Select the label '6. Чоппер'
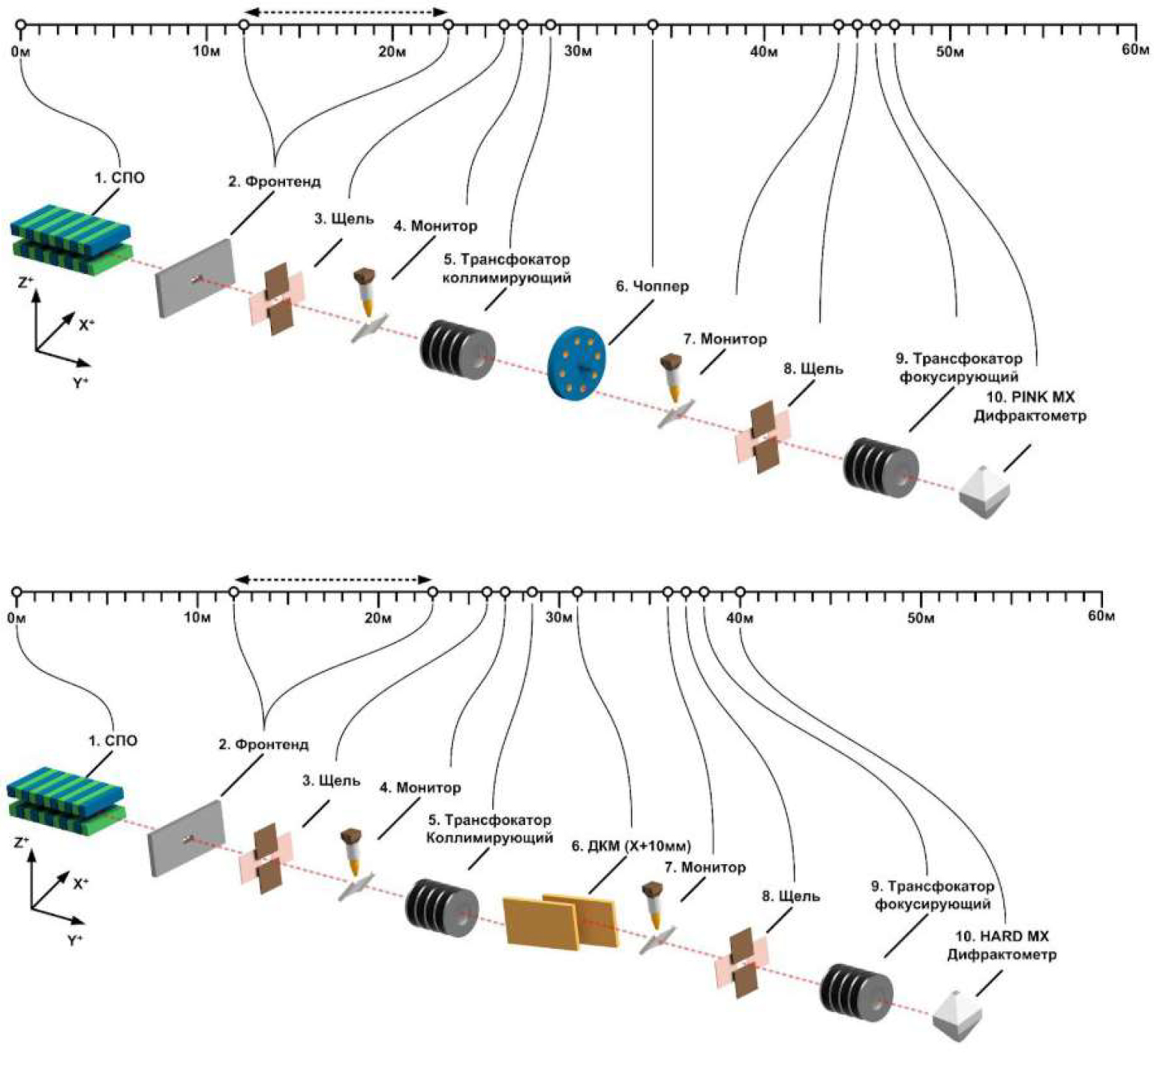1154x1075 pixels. click(x=652, y=286)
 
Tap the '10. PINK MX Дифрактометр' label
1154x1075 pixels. click(x=1029, y=406)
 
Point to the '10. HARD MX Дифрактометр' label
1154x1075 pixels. click(x=1002, y=946)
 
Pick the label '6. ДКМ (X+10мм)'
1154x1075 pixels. click(x=631, y=846)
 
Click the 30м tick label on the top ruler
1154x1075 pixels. click(x=578, y=51)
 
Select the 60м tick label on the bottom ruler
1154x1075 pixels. click(x=1101, y=616)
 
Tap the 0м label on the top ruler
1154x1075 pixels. click(x=21, y=51)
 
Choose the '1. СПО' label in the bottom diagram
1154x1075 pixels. click(x=113, y=741)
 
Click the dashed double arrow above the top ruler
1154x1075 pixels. click(x=346, y=11)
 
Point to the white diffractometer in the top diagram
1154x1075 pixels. click(x=984, y=492)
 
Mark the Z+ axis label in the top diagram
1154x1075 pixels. click(x=26, y=283)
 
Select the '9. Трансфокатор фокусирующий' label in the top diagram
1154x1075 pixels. click(x=958, y=368)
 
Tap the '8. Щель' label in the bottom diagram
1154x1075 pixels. click(x=791, y=896)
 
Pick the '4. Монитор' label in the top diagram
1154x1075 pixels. click(x=435, y=226)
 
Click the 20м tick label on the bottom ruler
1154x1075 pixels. click(x=378, y=618)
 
